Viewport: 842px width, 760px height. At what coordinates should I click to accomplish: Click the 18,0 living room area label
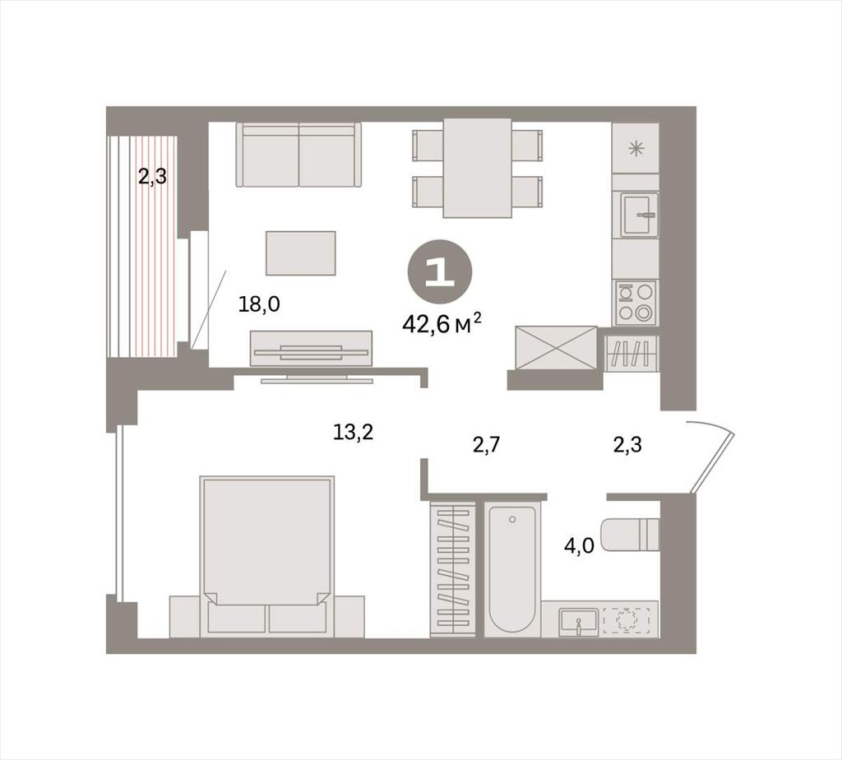pyautogui.click(x=259, y=305)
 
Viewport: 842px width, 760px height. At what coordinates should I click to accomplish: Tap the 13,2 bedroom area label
pyautogui.click(x=353, y=432)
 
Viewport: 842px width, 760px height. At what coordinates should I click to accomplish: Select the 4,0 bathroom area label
pyautogui.click(x=579, y=546)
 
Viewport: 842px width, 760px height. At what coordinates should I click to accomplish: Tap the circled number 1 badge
pyautogui.click(x=440, y=271)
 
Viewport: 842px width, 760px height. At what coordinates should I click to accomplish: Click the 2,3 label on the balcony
pyautogui.click(x=152, y=176)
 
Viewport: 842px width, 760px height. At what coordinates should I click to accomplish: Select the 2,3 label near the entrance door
pyautogui.click(x=627, y=445)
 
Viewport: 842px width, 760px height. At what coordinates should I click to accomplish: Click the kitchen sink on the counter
pyautogui.click(x=639, y=215)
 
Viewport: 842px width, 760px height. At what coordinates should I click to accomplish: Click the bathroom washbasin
pyautogui.click(x=578, y=622)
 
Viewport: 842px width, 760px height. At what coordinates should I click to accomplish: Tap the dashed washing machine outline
pyautogui.click(x=626, y=621)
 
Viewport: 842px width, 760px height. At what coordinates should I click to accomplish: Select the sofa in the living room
pyautogui.click(x=298, y=155)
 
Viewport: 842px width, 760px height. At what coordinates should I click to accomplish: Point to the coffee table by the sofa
pyautogui.click(x=301, y=253)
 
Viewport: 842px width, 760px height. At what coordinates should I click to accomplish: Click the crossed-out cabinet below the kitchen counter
pyautogui.click(x=556, y=347)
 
